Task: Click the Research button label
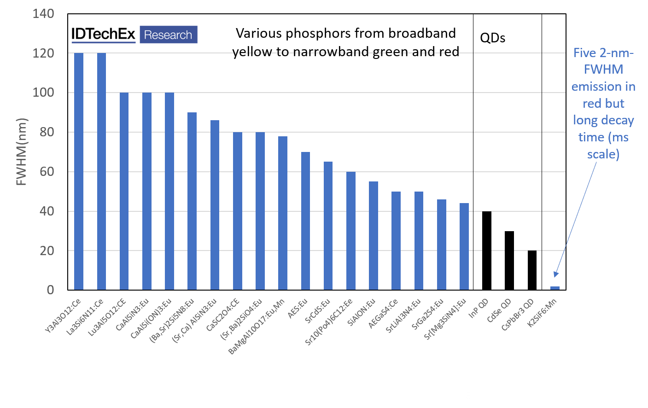(x=168, y=35)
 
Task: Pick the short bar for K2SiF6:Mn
(x=555, y=288)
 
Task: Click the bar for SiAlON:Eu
(x=374, y=235)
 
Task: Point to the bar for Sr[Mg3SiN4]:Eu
(x=464, y=246)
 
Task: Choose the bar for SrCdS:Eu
(x=328, y=226)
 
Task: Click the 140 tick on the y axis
(x=43, y=14)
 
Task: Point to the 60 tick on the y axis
(x=43, y=172)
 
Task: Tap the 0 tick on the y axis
(x=50, y=290)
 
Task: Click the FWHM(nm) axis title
(x=22, y=152)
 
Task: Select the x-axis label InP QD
(x=479, y=309)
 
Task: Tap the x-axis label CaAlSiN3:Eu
(x=133, y=315)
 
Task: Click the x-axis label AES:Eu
(x=298, y=309)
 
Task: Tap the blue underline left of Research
(x=104, y=42)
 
